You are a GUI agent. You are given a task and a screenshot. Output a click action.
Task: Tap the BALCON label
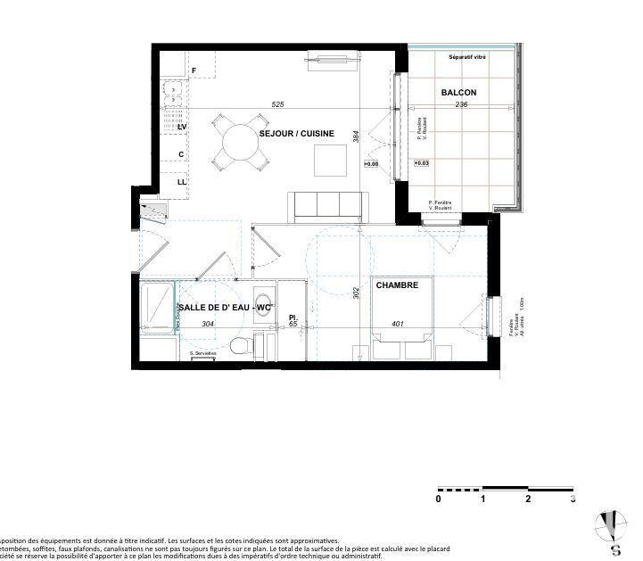[x=458, y=93]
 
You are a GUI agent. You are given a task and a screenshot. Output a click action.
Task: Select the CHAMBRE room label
[x=397, y=285]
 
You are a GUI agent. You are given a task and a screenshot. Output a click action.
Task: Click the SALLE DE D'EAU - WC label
[x=226, y=308]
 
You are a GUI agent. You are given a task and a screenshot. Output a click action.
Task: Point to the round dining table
[x=239, y=141]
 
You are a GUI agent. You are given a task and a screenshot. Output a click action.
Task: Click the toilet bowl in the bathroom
[x=238, y=345]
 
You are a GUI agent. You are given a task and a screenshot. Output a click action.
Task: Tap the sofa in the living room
[x=326, y=207]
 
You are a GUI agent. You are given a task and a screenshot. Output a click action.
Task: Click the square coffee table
[x=330, y=160]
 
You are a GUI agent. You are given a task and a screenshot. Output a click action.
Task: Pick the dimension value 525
[x=277, y=104]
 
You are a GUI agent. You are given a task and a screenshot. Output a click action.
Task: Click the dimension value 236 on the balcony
[x=461, y=104]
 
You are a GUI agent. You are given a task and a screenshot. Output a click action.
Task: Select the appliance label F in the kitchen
[x=194, y=70]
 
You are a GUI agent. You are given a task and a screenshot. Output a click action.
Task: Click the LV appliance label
[x=181, y=128]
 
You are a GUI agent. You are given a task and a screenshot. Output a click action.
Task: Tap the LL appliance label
[x=181, y=182]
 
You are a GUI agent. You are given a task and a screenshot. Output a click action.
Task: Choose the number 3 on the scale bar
[x=573, y=499]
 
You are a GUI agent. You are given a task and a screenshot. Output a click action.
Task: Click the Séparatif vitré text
[x=467, y=57]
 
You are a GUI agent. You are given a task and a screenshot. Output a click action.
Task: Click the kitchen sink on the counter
[x=172, y=89]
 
